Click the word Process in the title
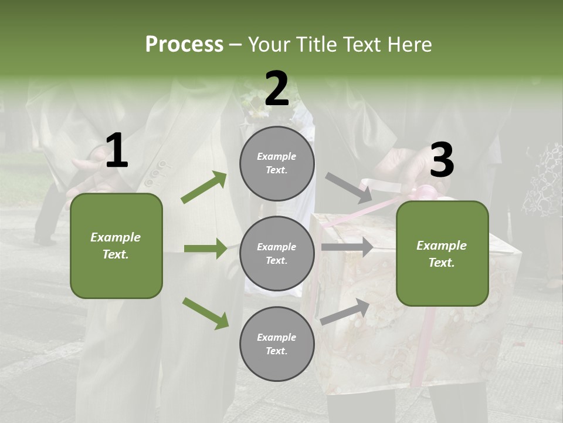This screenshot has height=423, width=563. pyautogui.click(x=184, y=44)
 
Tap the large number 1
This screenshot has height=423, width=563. pyautogui.click(x=117, y=151)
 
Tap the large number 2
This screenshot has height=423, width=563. pyautogui.click(x=277, y=89)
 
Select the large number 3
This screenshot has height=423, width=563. pyautogui.click(x=442, y=160)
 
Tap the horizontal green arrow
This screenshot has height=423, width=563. pyautogui.click(x=205, y=249)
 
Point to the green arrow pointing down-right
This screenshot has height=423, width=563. pyautogui.click(x=205, y=313)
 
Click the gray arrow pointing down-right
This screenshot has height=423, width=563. pyautogui.click(x=349, y=188)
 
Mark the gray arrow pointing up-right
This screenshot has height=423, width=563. pyautogui.click(x=345, y=312)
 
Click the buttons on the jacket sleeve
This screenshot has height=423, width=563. pyautogui.click(x=155, y=174)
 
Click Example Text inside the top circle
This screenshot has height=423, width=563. pyautogui.click(x=277, y=163)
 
